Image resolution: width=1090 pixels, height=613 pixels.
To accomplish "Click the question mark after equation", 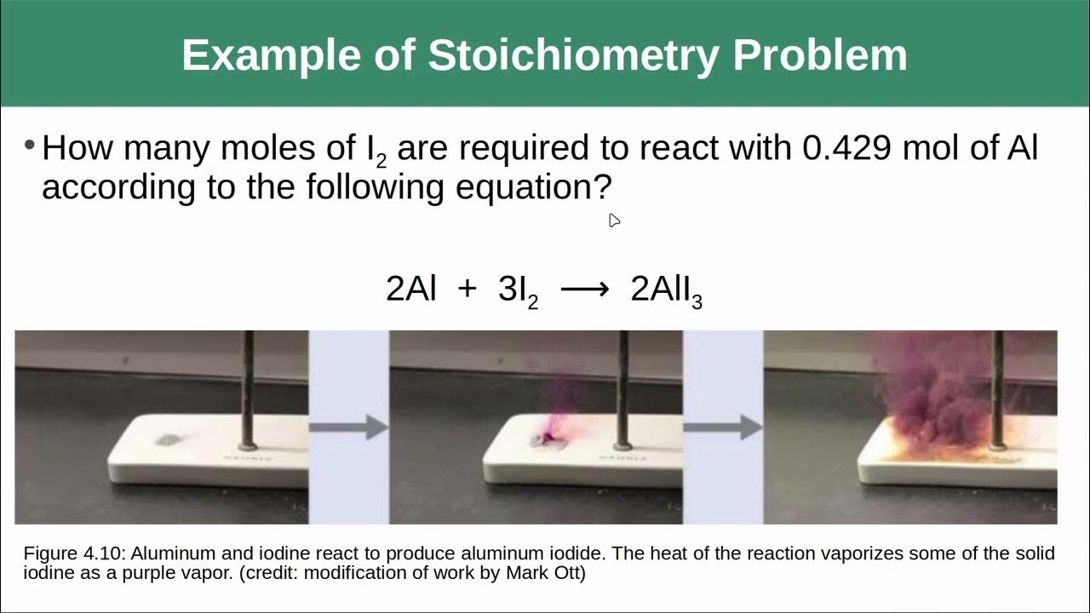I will coord(603,187).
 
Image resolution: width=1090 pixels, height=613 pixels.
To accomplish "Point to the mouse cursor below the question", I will coord(614,220).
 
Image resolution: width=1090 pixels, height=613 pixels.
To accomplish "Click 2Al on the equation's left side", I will coord(410,289).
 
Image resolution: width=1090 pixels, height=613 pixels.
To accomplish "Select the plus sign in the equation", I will coord(468,289).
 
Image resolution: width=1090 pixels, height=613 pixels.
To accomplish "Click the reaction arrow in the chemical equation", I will coord(585,290).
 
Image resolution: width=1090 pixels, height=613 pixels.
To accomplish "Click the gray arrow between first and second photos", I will coord(349,427).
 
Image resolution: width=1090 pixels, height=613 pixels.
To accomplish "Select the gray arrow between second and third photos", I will coord(723,427).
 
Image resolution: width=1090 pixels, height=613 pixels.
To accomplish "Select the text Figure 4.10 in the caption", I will coord(74,553).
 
